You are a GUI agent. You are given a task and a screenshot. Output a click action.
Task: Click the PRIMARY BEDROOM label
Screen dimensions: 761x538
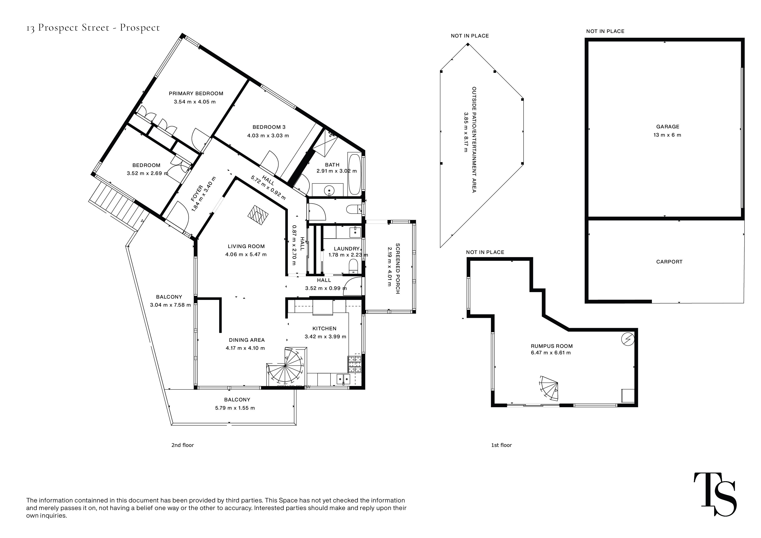point(196,93)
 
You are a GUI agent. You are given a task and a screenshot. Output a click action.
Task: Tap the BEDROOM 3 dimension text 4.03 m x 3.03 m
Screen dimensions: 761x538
point(268,136)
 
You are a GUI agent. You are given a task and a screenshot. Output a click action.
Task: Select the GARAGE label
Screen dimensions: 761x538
point(668,127)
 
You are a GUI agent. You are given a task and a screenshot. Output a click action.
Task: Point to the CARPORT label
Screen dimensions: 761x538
point(669,262)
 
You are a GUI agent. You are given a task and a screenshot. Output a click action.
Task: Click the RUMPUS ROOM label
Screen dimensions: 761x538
point(551,346)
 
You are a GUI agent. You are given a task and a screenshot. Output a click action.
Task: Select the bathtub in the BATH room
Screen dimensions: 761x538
point(354,174)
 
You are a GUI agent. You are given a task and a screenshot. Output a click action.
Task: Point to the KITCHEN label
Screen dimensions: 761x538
point(324,329)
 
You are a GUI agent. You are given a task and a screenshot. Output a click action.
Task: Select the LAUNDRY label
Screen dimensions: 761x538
point(346,249)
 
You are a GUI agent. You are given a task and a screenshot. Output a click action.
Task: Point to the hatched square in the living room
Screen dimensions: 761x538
point(258,215)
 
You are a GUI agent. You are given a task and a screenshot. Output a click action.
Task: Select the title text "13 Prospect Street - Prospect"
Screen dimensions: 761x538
point(93,28)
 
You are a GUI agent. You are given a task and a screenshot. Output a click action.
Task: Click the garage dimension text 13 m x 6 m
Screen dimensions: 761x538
point(667,135)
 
